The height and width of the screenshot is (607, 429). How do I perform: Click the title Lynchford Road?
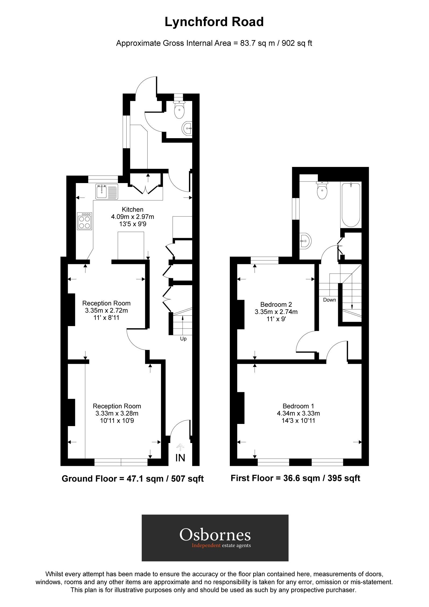click(214, 22)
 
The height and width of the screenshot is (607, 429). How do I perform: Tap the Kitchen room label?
click(133, 209)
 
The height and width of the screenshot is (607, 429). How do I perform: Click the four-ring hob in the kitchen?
click(84, 221)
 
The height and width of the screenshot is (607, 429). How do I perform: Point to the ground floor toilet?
click(179, 110)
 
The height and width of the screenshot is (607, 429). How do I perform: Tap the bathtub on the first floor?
click(351, 204)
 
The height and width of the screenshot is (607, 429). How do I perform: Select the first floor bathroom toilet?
click(322, 191)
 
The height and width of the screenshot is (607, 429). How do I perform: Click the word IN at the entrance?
click(180, 458)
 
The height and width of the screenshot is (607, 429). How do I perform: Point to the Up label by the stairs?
click(183, 339)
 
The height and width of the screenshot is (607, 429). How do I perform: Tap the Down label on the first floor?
click(329, 300)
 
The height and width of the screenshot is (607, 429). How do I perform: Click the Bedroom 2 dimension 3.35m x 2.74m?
click(276, 312)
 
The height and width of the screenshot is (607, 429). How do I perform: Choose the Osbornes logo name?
click(215, 534)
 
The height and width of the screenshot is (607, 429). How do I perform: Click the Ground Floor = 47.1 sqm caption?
click(133, 479)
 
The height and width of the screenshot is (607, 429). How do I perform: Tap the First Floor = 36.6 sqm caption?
click(295, 478)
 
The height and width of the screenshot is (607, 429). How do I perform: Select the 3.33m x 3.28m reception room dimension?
click(117, 413)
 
